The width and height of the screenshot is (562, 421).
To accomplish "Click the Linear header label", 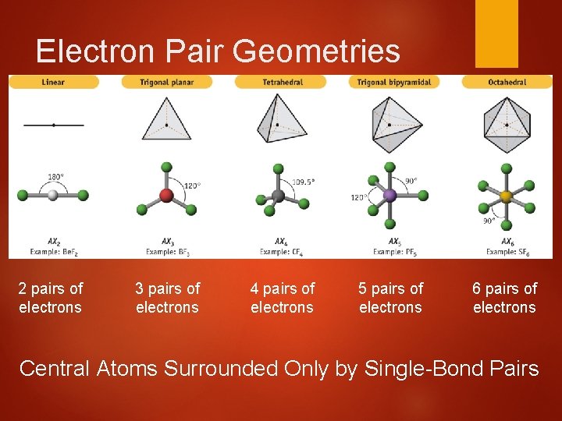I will [x=53, y=82].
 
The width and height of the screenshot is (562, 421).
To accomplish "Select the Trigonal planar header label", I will [x=166, y=82].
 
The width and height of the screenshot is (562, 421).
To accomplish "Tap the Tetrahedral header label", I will [x=280, y=82].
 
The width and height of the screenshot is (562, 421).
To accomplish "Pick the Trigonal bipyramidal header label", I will [x=394, y=82].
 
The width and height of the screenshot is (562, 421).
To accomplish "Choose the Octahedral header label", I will [x=507, y=82].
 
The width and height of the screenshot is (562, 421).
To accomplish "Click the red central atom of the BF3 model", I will [x=165, y=195].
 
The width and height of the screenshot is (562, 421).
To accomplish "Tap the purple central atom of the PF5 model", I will [x=389, y=196].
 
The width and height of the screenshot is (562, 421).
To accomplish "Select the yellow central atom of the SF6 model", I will [x=506, y=196].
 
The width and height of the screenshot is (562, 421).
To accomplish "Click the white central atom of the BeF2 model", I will [x=53, y=195].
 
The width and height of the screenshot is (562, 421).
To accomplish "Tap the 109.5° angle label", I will [x=303, y=182].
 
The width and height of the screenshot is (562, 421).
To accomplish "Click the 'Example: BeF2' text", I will [x=54, y=252].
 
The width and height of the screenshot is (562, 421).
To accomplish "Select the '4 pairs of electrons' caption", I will [x=282, y=298].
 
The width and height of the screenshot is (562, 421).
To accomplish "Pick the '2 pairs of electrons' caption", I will [x=51, y=298].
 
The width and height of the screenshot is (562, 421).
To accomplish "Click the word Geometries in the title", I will [x=316, y=51].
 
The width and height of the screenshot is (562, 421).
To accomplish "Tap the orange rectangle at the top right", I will [x=496, y=34].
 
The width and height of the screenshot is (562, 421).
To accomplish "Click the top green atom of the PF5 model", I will [x=389, y=166].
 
